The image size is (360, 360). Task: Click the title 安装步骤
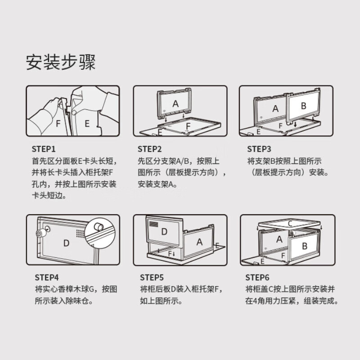coord(61,62)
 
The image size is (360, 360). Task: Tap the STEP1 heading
coord(44,149)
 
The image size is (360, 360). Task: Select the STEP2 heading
coord(150,149)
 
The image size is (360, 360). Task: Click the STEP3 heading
coord(259,149)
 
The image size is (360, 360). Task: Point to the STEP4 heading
coord(47,277)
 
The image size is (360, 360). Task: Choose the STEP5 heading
coord(152,277)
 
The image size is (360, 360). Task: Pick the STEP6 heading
coord(257,277)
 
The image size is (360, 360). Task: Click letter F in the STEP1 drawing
coord(58,123)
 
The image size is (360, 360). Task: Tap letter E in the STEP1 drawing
coord(87,123)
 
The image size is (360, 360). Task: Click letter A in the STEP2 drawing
coord(175,104)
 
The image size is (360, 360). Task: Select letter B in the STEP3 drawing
coord(303,106)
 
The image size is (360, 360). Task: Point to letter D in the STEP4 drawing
coord(66,243)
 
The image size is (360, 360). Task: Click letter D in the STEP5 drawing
coord(164,232)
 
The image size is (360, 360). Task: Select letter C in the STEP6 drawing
coord(290,223)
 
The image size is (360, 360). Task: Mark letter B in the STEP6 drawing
coord(305,246)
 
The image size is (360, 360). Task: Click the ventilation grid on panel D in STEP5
coord(153,224)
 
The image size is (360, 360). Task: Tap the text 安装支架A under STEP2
coord(157,184)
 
